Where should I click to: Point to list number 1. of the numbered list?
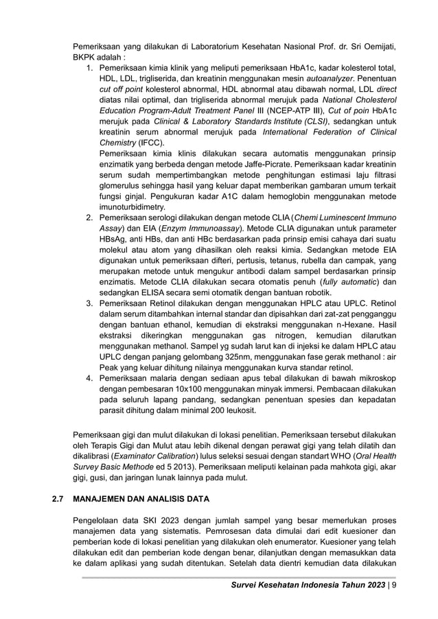[x=89, y=69]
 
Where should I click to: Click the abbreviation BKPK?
[x=87, y=58]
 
